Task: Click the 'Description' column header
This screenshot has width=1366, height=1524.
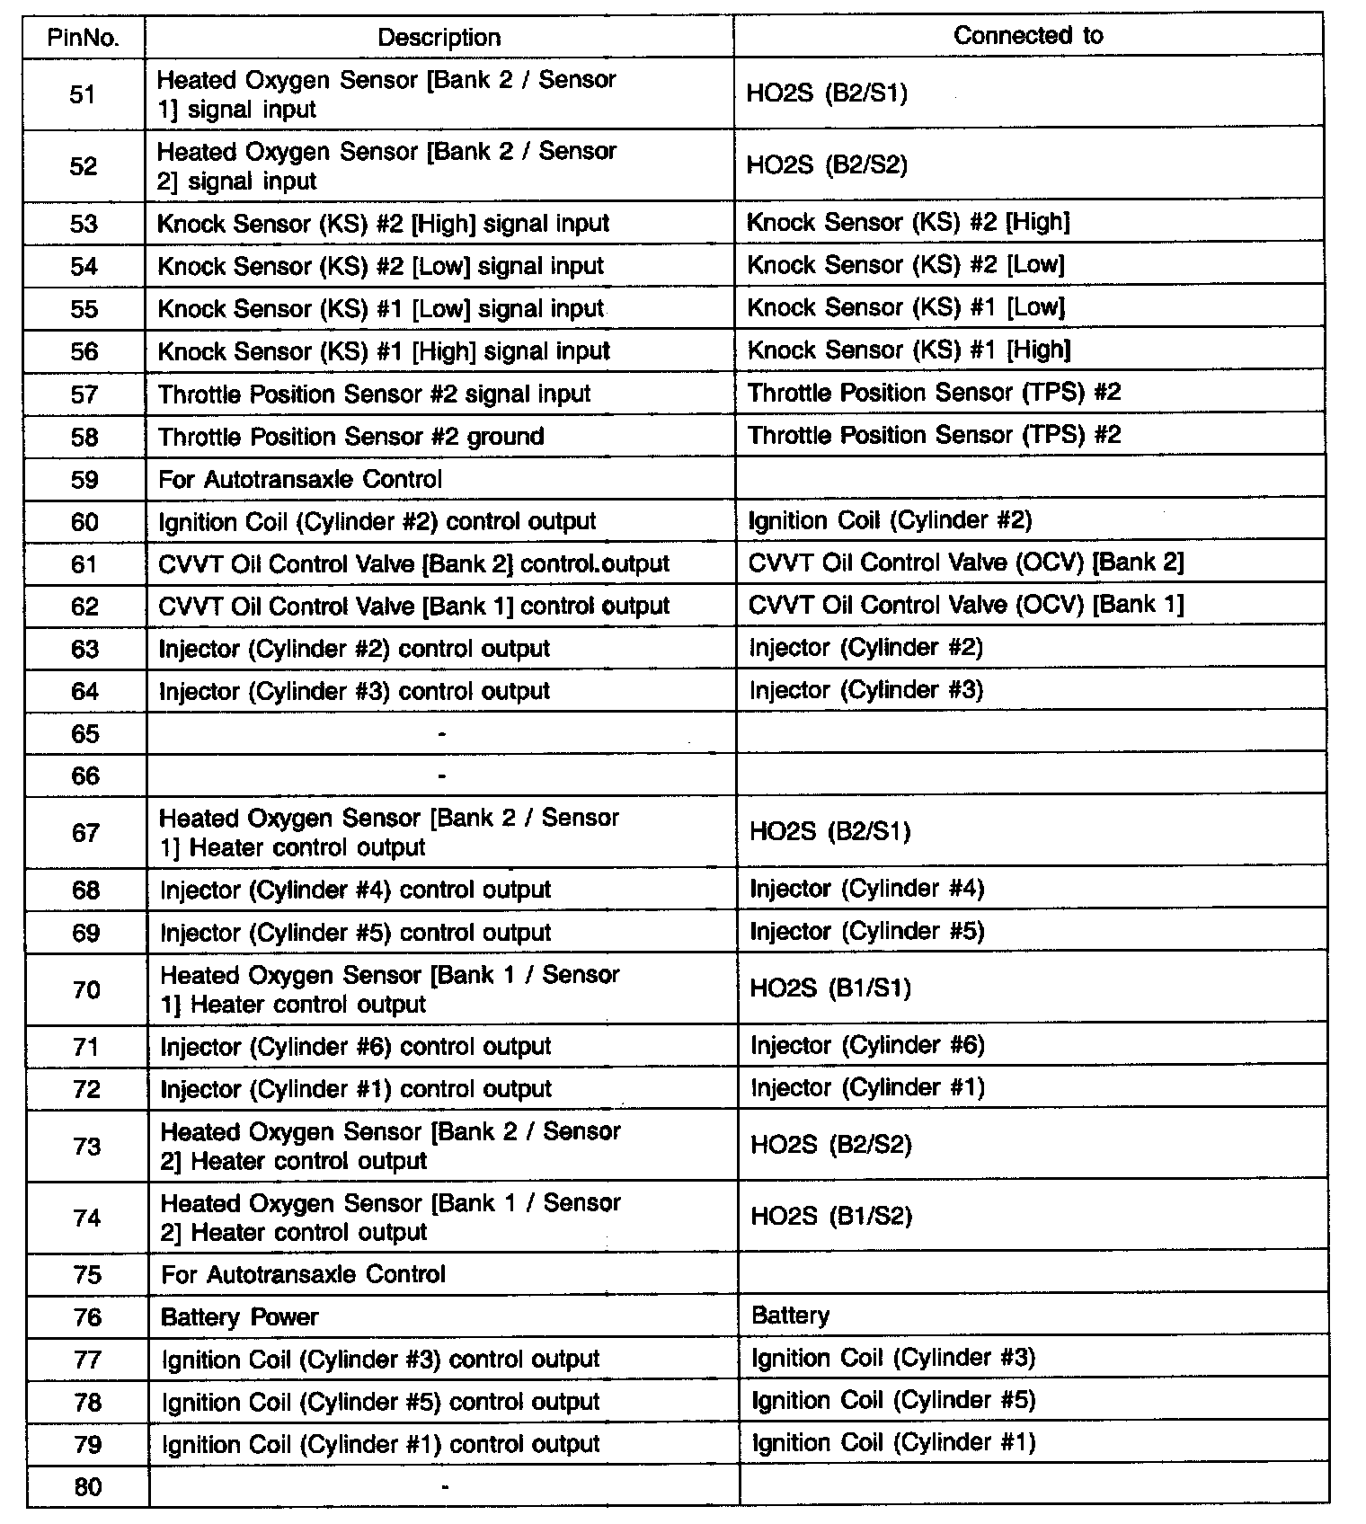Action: coord(439,38)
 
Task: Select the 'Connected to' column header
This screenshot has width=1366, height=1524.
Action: coord(1028,36)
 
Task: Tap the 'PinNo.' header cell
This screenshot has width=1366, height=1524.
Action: coord(83,38)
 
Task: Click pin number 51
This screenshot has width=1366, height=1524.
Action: coord(83,94)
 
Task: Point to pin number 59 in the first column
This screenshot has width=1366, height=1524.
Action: coord(84,479)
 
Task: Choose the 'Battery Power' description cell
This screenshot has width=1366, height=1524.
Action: coord(239,1317)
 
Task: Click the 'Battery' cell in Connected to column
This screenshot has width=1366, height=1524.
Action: coord(790,1316)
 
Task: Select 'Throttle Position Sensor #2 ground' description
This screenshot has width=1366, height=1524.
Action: coord(350,437)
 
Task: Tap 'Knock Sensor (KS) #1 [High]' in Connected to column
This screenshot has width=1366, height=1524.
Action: coord(909,350)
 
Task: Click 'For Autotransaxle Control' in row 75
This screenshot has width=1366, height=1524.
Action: coord(303,1275)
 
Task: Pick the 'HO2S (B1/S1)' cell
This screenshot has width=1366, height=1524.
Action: coord(830,989)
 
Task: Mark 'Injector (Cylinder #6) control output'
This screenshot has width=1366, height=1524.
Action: coord(355,1047)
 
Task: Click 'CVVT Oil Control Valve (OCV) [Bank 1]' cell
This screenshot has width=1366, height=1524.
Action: coord(966,605)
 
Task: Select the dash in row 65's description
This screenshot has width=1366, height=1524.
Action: coord(441,734)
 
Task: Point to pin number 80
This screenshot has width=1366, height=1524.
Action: coord(87,1487)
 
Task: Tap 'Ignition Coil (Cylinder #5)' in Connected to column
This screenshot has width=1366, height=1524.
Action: coord(893,1401)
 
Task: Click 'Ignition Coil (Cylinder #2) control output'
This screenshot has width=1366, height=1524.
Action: coord(377,522)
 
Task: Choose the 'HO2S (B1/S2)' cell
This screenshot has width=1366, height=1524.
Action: coord(831,1218)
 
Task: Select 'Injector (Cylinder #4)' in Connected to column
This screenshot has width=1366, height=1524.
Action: coord(867,890)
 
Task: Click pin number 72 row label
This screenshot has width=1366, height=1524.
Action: coord(86,1089)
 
